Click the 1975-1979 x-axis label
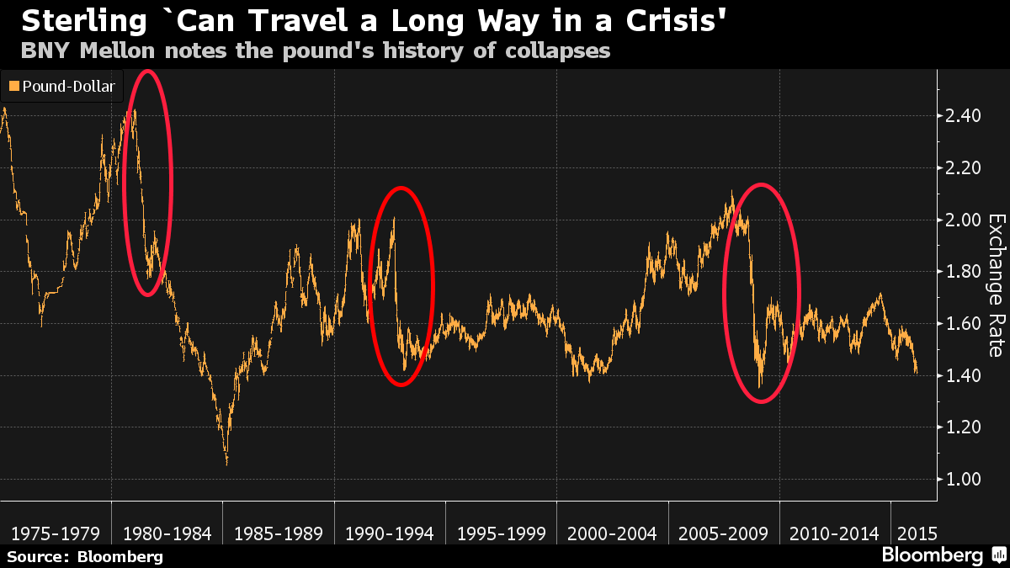(x=56, y=533)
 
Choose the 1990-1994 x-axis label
(x=390, y=533)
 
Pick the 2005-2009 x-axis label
(x=724, y=533)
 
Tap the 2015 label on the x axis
(x=915, y=533)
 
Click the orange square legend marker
(x=14, y=86)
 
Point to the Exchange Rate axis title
(x=996, y=284)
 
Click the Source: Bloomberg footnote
(x=85, y=556)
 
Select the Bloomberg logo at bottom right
(x=932, y=555)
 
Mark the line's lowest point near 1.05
(x=226, y=462)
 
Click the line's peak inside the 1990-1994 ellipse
(x=394, y=219)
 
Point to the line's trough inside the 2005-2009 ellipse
(x=760, y=386)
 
